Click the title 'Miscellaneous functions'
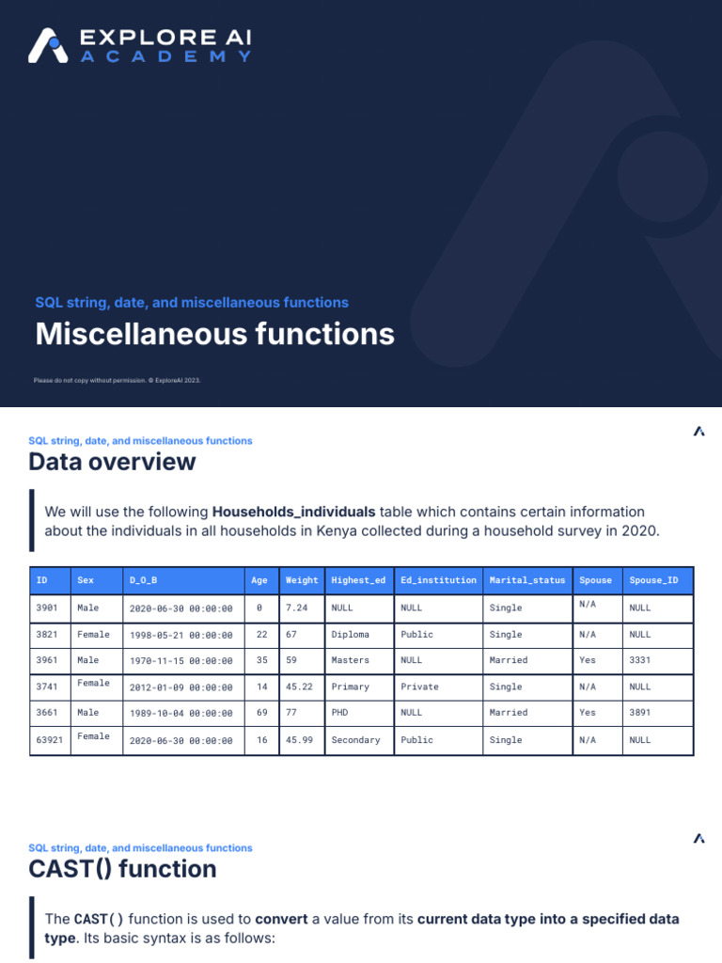[215, 335]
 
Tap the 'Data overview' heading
[112, 462]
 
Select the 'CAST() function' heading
[122, 869]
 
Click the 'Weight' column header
[302, 580]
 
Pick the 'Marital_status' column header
[525, 580]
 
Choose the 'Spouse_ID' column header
[653, 580]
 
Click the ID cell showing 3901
[47, 608]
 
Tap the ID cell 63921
[50, 740]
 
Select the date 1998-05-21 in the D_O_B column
[180, 635]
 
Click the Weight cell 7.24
[296, 608]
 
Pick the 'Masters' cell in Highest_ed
[350, 660]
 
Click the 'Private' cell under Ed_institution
[419, 687]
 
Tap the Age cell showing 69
[262, 713]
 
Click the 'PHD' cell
[340, 713]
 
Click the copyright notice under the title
[118, 380]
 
